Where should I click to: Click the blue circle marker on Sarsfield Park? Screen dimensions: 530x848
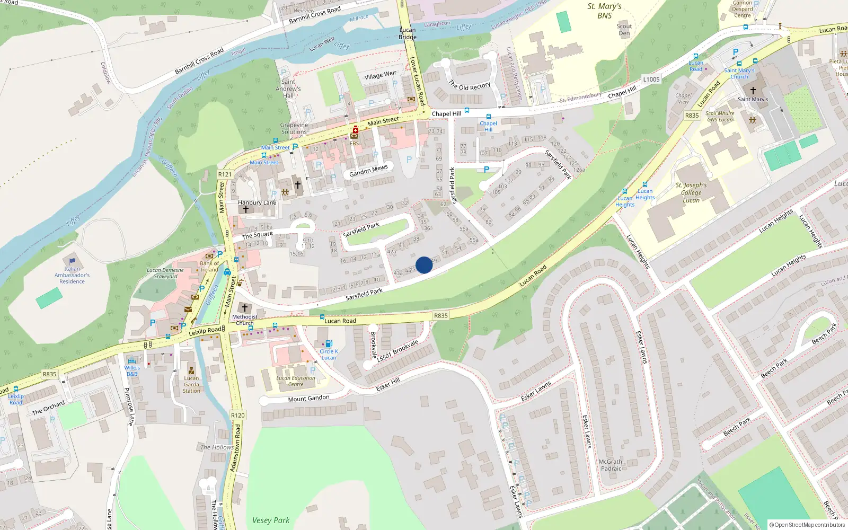click(x=424, y=265)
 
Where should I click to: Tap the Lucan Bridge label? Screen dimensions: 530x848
click(x=408, y=33)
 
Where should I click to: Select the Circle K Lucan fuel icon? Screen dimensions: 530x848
click(x=329, y=343)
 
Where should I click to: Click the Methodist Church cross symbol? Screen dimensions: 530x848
click(x=244, y=307)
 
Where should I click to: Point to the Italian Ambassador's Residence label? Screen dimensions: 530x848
click(x=72, y=275)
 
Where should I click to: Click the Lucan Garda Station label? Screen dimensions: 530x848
click(x=191, y=384)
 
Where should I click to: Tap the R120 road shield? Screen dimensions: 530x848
click(x=238, y=416)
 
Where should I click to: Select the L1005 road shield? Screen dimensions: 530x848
click(x=651, y=79)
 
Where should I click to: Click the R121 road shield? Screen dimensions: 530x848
click(x=225, y=174)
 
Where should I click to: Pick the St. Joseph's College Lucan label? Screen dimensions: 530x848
click(x=691, y=192)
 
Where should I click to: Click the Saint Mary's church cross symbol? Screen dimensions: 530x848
click(x=753, y=91)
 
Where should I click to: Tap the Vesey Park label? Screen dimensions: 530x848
click(x=271, y=520)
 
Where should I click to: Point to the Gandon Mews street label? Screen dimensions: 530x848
click(x=368, y=171)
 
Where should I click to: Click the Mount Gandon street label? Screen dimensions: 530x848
click(x=308, y=399)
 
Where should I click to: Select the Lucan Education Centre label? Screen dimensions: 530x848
click(x=296, y=381)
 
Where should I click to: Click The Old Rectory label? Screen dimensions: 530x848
click(x=470, y=86)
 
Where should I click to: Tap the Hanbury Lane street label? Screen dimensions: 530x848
click(x=257, y=202)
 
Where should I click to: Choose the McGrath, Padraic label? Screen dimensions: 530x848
click(x=611, y=465)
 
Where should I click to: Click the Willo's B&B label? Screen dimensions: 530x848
click(x=132, y=370)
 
